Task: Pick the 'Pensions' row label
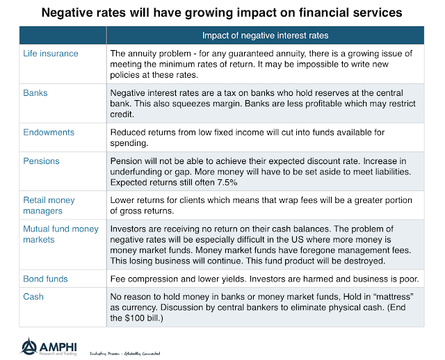(42, 161)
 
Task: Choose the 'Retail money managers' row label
(49, 205)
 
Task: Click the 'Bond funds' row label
(47, 279)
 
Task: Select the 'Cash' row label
(33, 296)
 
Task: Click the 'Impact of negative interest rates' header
(266, 35)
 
